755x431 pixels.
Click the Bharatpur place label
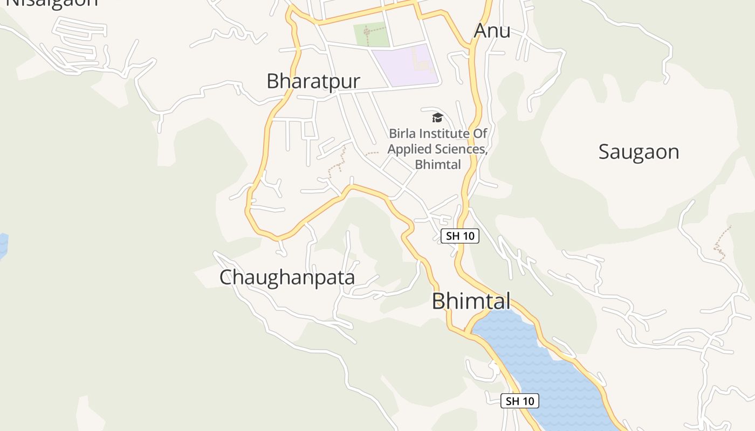click(x=313, y=81)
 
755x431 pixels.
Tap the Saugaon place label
click(x=639, y=152)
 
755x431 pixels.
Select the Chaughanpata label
click(x=287, y=277)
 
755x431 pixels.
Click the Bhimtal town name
click(x=471, y=301)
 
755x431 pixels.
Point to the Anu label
click(x=492, y=31)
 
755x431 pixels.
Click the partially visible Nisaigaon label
click(x=52, y=3)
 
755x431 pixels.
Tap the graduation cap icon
click(x=437, y=117)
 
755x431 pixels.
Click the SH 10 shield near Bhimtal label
click(x=460, y=236)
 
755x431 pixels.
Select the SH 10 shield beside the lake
click(x=520, y=401)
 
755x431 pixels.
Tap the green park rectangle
click(x=371, y=34)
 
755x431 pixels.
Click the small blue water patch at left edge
click(x=3, y=245)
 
